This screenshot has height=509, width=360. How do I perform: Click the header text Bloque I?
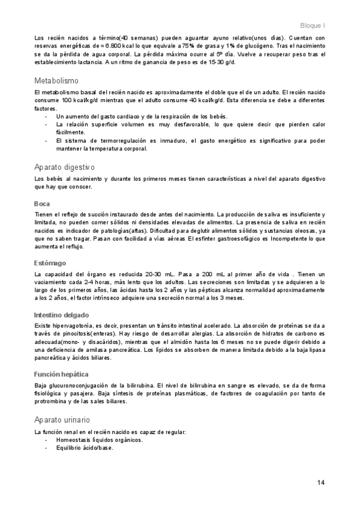(313, 26)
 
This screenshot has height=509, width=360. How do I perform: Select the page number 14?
(321, 483)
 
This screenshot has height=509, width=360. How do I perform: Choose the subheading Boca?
(42, 203)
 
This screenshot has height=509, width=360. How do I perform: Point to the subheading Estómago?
(50, 263)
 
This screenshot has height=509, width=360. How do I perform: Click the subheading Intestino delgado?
(62, 315)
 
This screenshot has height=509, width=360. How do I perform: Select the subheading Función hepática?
(62, 374)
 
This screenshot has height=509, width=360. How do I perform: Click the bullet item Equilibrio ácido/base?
(84, 448)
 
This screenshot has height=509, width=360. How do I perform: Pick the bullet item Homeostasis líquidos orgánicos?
(99, 440)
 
